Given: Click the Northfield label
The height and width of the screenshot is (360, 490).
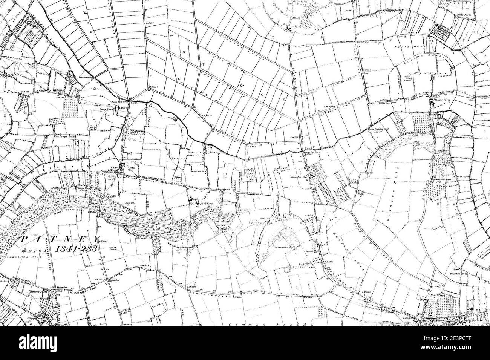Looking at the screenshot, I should [437, 296].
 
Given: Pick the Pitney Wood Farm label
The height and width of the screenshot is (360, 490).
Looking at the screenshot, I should [83, 187].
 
